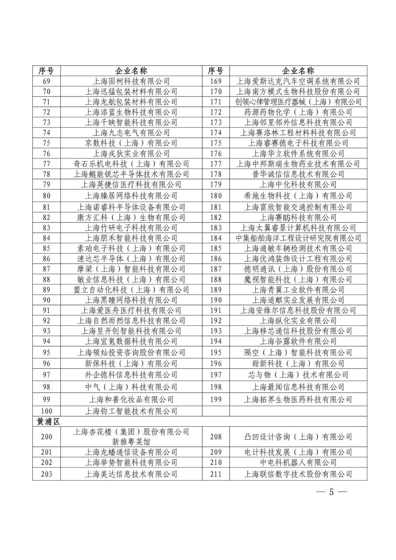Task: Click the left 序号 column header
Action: (x=46, y=71)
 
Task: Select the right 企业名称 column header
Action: (x=298, y=71)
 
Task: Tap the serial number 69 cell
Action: (x=46, y=81)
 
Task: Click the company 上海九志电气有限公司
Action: (x=131, y=133)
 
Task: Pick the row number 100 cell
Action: (x=46, y=411)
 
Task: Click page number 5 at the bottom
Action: (x=331, y=492)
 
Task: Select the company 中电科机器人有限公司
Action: (x=298, y=463)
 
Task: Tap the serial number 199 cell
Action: (x=216, y=399)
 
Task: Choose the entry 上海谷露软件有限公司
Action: (x=298, y=341)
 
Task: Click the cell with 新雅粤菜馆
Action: (x=131, y=442)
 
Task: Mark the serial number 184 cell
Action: (x=216, y=238)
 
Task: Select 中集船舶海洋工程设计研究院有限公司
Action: (x=298, y=238)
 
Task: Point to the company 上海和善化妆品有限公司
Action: (x=131, y=399)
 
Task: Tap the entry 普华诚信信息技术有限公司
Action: (x=298, y=174)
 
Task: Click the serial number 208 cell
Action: (x=216, y=437)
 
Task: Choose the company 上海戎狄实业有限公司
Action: (x=131, y=153)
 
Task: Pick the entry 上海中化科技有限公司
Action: (x=298, y=184)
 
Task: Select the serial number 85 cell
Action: (x=46, y=248)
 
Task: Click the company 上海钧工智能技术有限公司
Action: (x=131, y=411)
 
